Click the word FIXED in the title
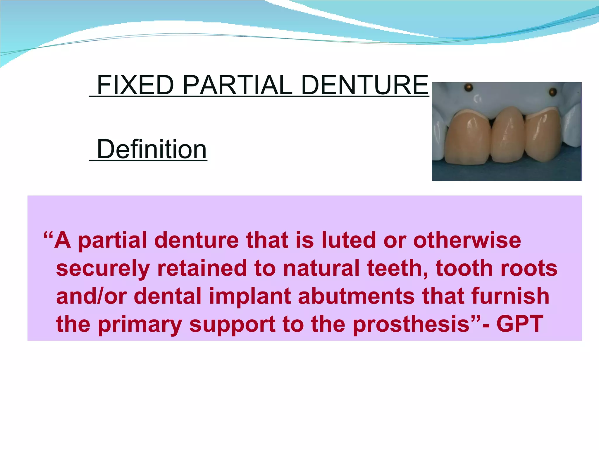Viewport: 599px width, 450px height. point(135,85)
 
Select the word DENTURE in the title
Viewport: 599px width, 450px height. point(364,85)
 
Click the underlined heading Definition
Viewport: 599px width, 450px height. point(152,150)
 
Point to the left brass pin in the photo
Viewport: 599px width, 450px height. point(469,87)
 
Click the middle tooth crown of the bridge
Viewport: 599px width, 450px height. point(508,135)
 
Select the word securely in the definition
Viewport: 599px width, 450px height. point(103,269)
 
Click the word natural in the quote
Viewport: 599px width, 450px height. point(321,268)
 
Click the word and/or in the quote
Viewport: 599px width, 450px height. point(91,296)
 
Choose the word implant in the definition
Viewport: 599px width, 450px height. point(250,297)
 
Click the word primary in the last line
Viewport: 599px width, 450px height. point(140,325)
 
